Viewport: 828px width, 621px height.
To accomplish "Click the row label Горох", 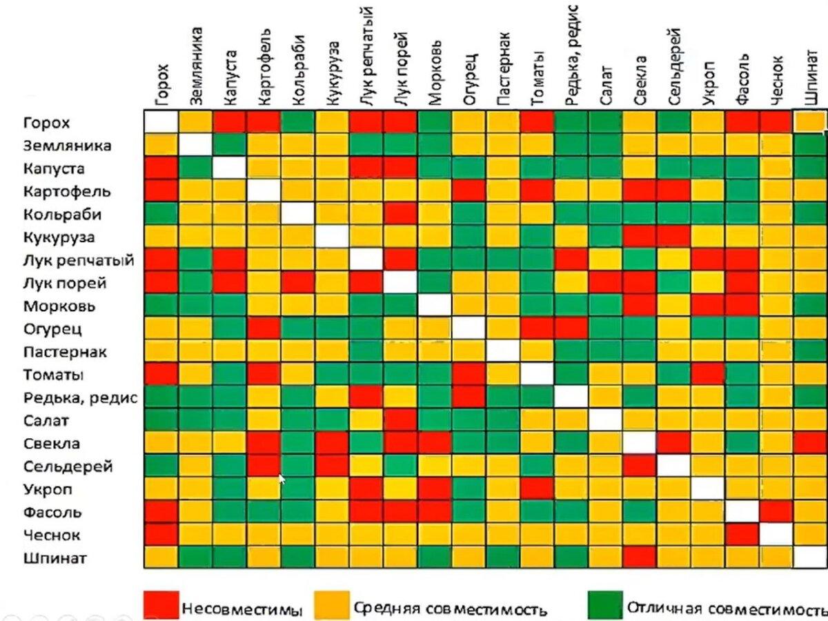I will pyautogui.click(x=46, y=123).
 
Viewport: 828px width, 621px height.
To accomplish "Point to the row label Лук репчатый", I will pyautogui.click(x=78, y=261).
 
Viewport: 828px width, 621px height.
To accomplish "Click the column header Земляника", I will pyautogui.click(x=196, y=66).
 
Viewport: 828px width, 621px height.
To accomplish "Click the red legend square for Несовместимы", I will pyautogui.click(x=161, y=605).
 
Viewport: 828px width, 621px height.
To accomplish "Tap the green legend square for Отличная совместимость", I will pyautogui.click(x=604, y=605).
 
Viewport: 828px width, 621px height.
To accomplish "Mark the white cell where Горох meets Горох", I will pyautogui.click(x=161, y=122).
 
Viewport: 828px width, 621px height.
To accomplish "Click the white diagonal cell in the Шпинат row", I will pyautogui.click(x=810, y=557).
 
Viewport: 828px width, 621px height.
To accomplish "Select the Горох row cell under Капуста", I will pyautogui.click(x=229, y=122).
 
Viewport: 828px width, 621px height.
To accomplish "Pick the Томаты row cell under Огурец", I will pyautogui.click(x=469, y=375).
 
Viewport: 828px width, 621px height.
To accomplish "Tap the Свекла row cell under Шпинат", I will pyautogui.click(x=810, y=443).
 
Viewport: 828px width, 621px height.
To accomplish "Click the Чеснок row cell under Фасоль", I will pyautogui.click(x=742, y=534).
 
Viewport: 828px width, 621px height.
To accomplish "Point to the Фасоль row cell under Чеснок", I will pyautogui.click(x=776, y=511).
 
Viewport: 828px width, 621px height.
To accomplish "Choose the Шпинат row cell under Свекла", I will pyautogui.click(x=640, y=557).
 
